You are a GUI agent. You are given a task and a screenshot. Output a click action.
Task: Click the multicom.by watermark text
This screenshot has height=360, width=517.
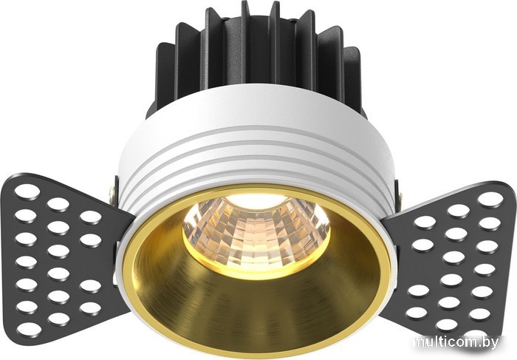[455, 343]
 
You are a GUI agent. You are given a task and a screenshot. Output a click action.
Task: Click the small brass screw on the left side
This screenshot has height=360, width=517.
[112, 191]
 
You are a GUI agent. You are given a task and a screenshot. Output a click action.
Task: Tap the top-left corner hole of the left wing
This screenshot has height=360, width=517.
[27, 191]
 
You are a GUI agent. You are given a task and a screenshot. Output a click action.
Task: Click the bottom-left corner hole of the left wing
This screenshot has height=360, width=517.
[30, 329]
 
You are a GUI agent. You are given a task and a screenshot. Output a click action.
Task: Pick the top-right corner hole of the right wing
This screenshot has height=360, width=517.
[490, 200]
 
